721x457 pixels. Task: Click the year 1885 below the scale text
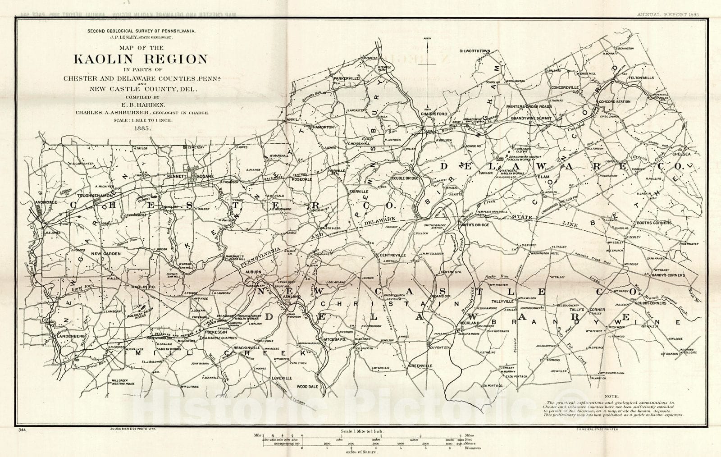(142, 128)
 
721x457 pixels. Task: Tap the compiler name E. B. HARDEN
(142, 105)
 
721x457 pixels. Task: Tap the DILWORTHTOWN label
(475, 51)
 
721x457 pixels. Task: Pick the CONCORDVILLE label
(564, 87)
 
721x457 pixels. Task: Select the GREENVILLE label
(421, 366)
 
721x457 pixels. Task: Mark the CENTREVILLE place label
(392, 255)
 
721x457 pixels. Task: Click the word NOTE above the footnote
(611, 397)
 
